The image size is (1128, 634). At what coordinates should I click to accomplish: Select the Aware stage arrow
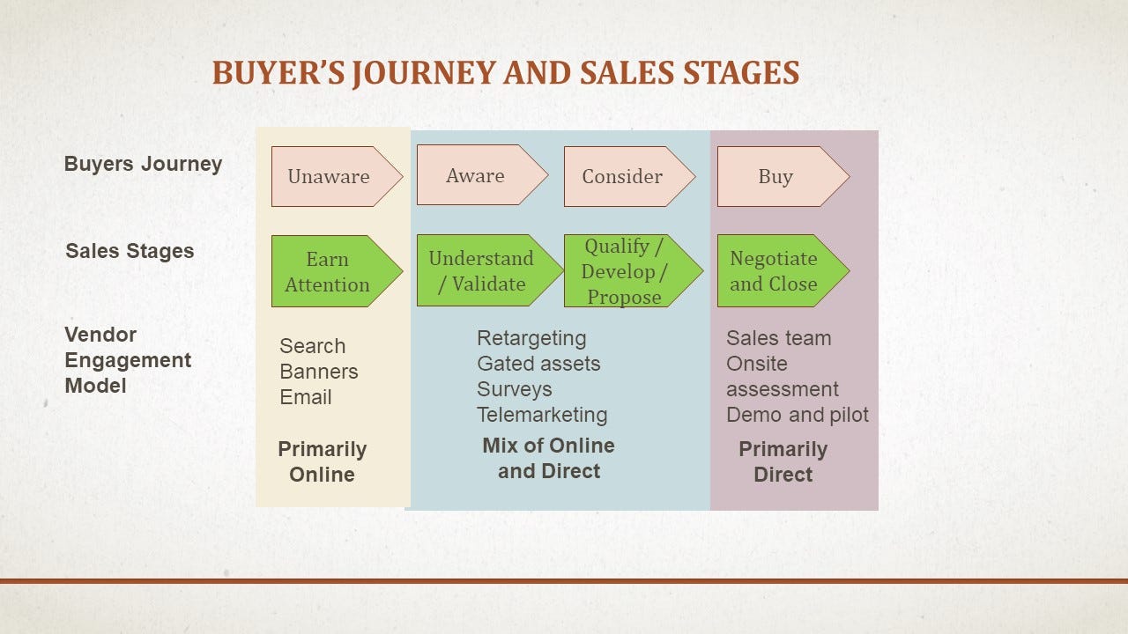pos(482,175)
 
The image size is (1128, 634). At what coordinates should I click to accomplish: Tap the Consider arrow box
pos(629,177)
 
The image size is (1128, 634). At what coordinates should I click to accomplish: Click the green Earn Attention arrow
pos(337,271)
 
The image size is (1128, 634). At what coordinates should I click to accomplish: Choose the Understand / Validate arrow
pos(489,270)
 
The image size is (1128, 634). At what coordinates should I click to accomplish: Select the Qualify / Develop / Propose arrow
pos(634,270)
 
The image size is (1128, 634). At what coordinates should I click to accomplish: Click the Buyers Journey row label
pos(143,165)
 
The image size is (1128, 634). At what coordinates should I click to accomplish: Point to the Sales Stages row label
pos(130,251)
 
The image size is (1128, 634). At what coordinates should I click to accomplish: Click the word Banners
pos(319,372)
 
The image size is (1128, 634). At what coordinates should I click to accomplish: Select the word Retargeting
pos(531,339)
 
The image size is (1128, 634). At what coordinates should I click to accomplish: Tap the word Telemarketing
pos(542,415)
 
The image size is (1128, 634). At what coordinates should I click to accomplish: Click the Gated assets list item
pos(538,364)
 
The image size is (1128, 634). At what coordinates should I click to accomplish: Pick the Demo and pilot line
pos(798,415)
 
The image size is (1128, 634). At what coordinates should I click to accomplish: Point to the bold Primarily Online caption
pos(323,462)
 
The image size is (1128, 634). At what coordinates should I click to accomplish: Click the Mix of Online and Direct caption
pos(549,459)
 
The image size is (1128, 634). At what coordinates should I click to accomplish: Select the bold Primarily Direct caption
pos(783,462)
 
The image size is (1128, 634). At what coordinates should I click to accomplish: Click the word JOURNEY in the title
pos(424,73)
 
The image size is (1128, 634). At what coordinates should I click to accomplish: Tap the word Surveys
pos(514,390)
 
